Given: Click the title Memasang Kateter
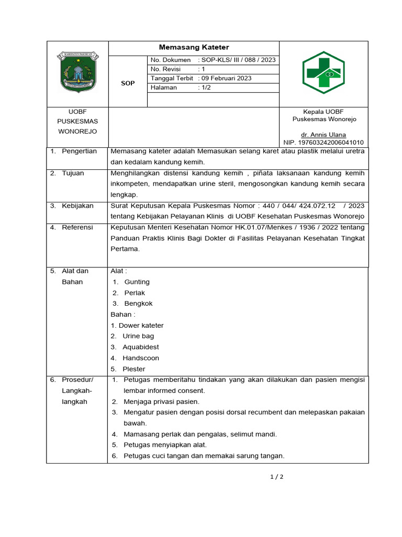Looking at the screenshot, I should click(194, 48).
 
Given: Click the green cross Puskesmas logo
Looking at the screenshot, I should click(323, 72).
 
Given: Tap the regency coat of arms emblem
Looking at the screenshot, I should click(77, 73).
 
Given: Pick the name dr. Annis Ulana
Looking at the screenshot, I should click(323, 134).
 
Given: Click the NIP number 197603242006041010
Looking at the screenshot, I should click(323, 143).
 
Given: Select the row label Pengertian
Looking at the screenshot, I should click(79, 151).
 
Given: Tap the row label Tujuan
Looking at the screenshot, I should click(73, 173).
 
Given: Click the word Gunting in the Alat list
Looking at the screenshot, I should click(137, 282).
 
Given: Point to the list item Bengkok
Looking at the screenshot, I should click(138, 304).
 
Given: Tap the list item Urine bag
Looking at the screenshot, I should click(138, 336).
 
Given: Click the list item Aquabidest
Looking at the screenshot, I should click(141, 347).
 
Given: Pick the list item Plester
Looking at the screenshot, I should click(134, 369).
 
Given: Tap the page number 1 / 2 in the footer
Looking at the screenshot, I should click(276, 477).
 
